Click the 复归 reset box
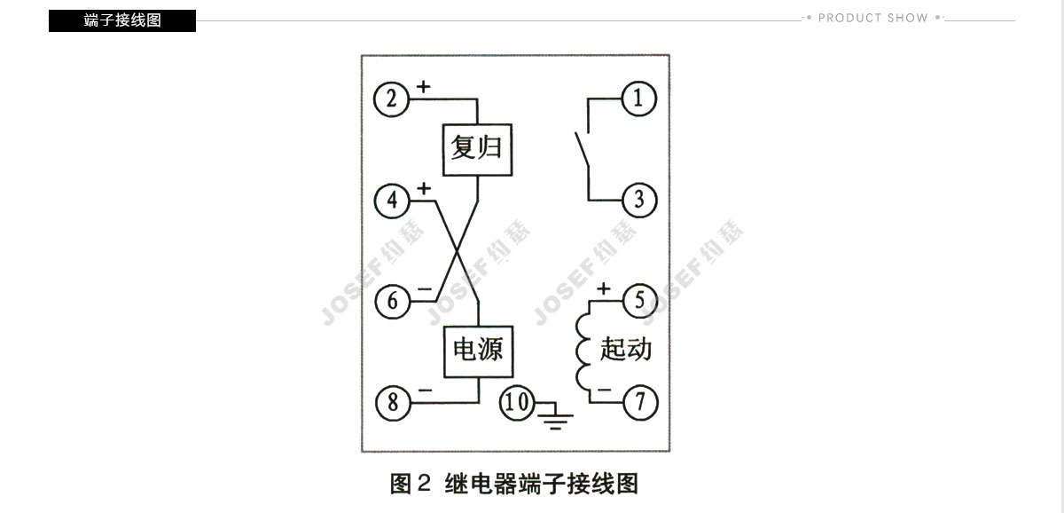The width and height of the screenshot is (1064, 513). pos(477,150)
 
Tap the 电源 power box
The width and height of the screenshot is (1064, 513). pos(478,351)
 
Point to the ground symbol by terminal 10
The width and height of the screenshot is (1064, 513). pos(555,417)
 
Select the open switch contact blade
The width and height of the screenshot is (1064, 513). pos(583,150)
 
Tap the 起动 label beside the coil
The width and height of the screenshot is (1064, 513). pos(625,350)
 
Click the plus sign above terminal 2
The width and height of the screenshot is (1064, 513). pos(423,86)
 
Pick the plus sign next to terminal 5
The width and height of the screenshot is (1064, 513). pos(603,288)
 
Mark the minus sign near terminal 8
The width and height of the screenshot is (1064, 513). pos(425,391)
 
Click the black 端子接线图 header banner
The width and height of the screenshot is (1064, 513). pos(122,21)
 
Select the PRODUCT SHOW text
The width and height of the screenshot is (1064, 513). pos(873,18)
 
